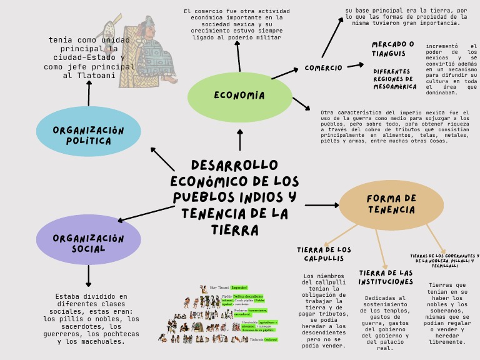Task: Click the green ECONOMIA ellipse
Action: click(240, 96)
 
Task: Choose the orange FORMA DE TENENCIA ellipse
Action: click(391, 204)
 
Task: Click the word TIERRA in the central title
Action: click(234, 230)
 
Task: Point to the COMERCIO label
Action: click(323, 67)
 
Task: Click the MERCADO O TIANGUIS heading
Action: click(392, 49)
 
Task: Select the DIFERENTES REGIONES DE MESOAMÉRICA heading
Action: click(394, 79)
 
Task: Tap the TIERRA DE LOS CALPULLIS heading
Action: click(324, 254)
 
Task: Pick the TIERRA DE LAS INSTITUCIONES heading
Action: click(386, 277)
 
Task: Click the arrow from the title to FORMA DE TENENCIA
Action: click(321, 205)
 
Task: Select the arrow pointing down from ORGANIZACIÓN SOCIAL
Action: click(88, 276)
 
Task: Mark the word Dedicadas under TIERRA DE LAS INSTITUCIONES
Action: click(385, 298)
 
